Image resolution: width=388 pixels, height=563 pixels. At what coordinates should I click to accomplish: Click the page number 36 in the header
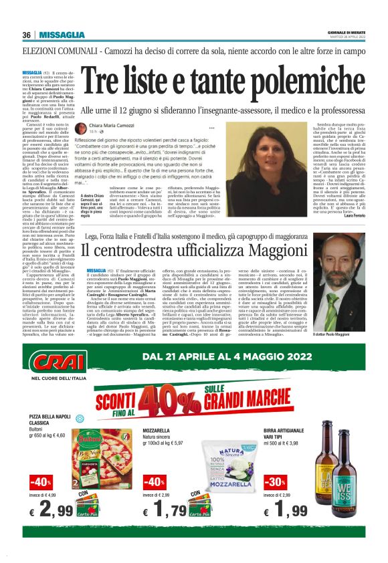tap(27, 35)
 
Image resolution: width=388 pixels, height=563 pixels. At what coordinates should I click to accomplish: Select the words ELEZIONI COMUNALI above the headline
tap(53, 51)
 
